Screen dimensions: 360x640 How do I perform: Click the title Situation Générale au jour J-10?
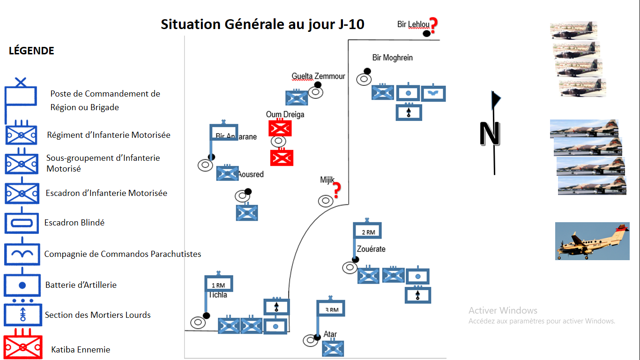coord(262,24)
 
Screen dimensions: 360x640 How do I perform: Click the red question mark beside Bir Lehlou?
coord(433,26)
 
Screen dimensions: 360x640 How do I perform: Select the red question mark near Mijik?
coord(336,190)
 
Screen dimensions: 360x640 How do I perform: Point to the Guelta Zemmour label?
coord(318,76)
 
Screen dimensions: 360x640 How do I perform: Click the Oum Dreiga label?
coord(285,115)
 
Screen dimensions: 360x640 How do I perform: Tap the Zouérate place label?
coord(371,249)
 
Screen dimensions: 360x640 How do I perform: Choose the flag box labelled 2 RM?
coord(367,231)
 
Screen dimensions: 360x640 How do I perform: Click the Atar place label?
coord(330,335)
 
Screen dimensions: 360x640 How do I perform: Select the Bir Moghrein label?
coord(393,58)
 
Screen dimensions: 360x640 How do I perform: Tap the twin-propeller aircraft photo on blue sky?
coord(592,241)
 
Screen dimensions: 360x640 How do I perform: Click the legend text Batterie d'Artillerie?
coord(81,285)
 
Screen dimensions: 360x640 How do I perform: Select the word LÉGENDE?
coord(31,51)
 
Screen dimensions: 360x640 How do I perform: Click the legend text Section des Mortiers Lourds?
coord(97,315)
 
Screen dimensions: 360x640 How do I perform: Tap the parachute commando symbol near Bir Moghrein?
coord(433,93)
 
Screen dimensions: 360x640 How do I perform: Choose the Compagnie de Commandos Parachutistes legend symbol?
coord(22,254)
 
